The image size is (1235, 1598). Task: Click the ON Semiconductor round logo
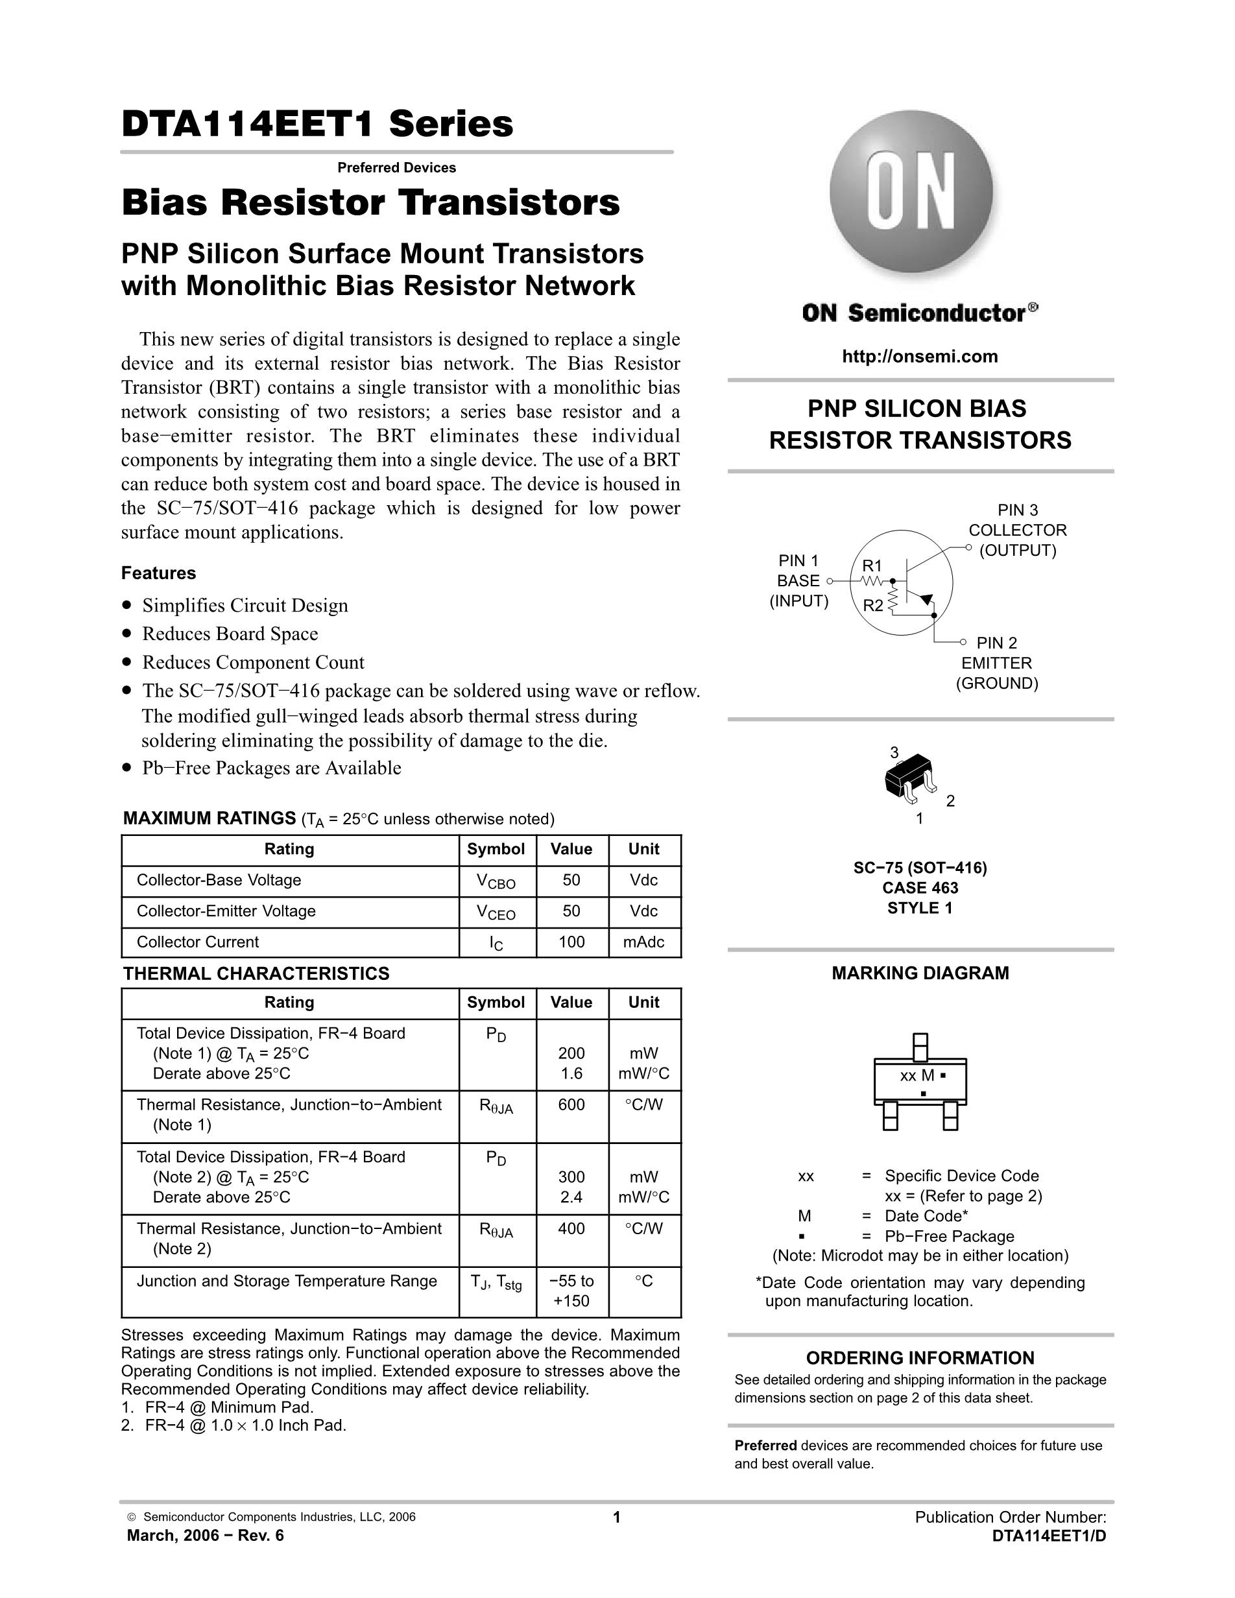911,193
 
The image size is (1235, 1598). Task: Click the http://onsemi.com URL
920,356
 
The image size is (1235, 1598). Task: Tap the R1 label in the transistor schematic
872,566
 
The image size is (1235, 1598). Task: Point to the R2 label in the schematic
872,605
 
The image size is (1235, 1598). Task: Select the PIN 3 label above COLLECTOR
1018,510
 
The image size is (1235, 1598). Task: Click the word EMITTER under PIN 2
996,663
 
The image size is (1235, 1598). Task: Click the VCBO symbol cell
496,881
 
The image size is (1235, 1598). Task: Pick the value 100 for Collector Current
571,942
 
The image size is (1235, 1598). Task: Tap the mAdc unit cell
644,942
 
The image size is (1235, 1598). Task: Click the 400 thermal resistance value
571,1228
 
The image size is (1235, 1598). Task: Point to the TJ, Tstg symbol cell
496,1282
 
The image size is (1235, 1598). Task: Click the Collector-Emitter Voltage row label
226,911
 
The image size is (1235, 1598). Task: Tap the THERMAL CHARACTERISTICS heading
256,973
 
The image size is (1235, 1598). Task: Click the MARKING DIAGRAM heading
920,973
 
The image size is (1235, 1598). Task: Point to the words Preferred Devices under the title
396,167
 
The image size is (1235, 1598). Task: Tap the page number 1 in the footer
616,1517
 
